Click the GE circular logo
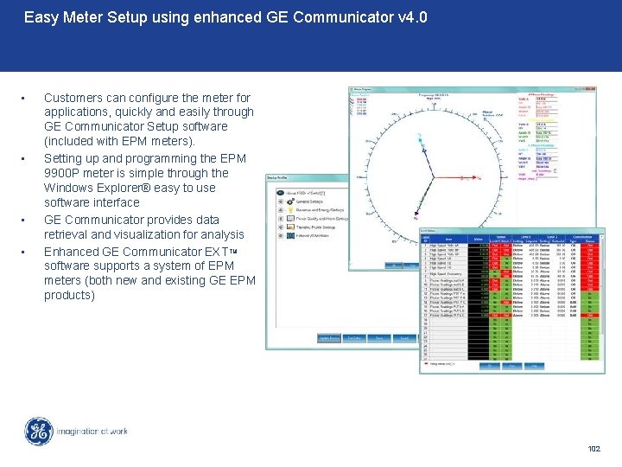[38, 432]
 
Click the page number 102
[593, 448]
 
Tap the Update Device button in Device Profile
[329, 337]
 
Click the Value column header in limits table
[477, 240]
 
